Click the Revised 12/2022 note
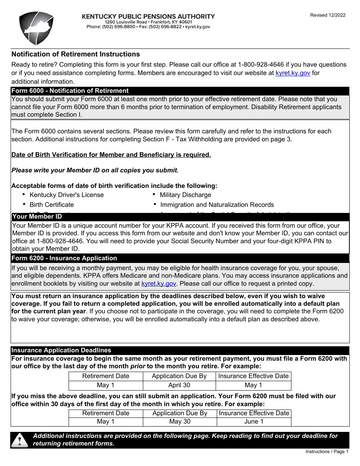pyautogui.click(x=328, y=15)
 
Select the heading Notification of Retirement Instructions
pyautogui.click(x=75, y=54)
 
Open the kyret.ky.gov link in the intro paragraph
pyautogui.click(x=293, y=73)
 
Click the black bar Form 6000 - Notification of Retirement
pyautogui.click(x=70, y=91)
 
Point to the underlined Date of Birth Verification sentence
pyautogui.click(x=111, y=155)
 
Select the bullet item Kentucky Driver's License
pyautogui.click(x=66, y=195)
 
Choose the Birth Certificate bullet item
pyautogui.click(x=52, y=205)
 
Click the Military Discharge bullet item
pyautogui.click(x=185, y=195)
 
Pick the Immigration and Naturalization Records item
pyautogui.click(x=217, y=205)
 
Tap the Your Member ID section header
pyautogui.click(x=37, y=217)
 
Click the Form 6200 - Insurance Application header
pyautogui.click(x=64, y=258)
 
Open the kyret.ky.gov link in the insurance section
pyautogui.click(x=158, y=283)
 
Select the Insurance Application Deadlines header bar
pyautogui.click(x=61, y=350)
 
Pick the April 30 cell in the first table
pyautogui.click(x=179, y=385)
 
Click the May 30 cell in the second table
pyautogui.click(x=180, y=421)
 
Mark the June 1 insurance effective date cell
pyautogui.click(x=254, y=421)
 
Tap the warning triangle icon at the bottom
pyautogui.click(x=20, y=440)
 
